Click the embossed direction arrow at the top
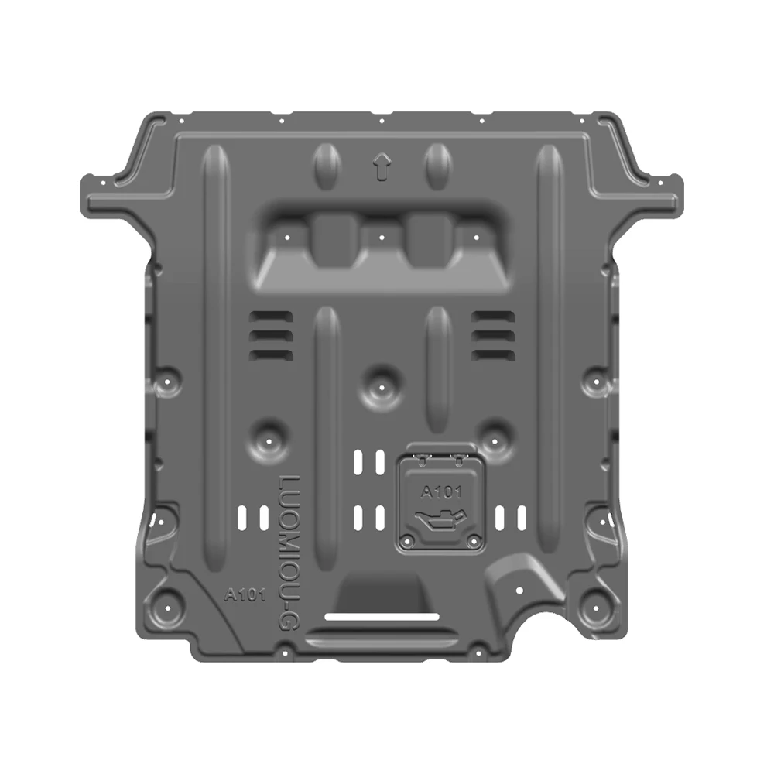click(380, 166)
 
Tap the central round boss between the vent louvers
click(380, 380)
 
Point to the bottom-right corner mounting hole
click(597, 601)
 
